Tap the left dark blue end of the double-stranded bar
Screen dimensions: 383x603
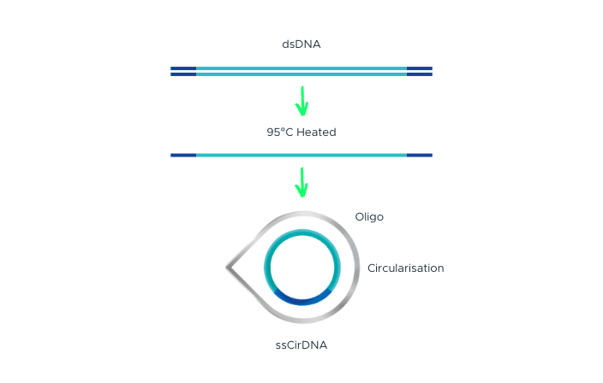click(183, 71)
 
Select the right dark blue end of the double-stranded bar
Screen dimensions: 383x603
click(419, 71)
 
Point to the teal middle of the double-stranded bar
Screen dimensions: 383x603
click(301, 71)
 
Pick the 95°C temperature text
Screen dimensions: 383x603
click(280, 133)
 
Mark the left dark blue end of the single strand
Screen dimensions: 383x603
click(183, 155)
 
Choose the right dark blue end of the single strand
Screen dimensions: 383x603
click(419, 155)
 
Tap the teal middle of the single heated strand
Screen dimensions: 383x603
click(301, 155)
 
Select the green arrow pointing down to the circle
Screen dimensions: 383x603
click(301, 181)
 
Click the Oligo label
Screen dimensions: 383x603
click(369, 217)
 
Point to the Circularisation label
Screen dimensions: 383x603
click(406, 268)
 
